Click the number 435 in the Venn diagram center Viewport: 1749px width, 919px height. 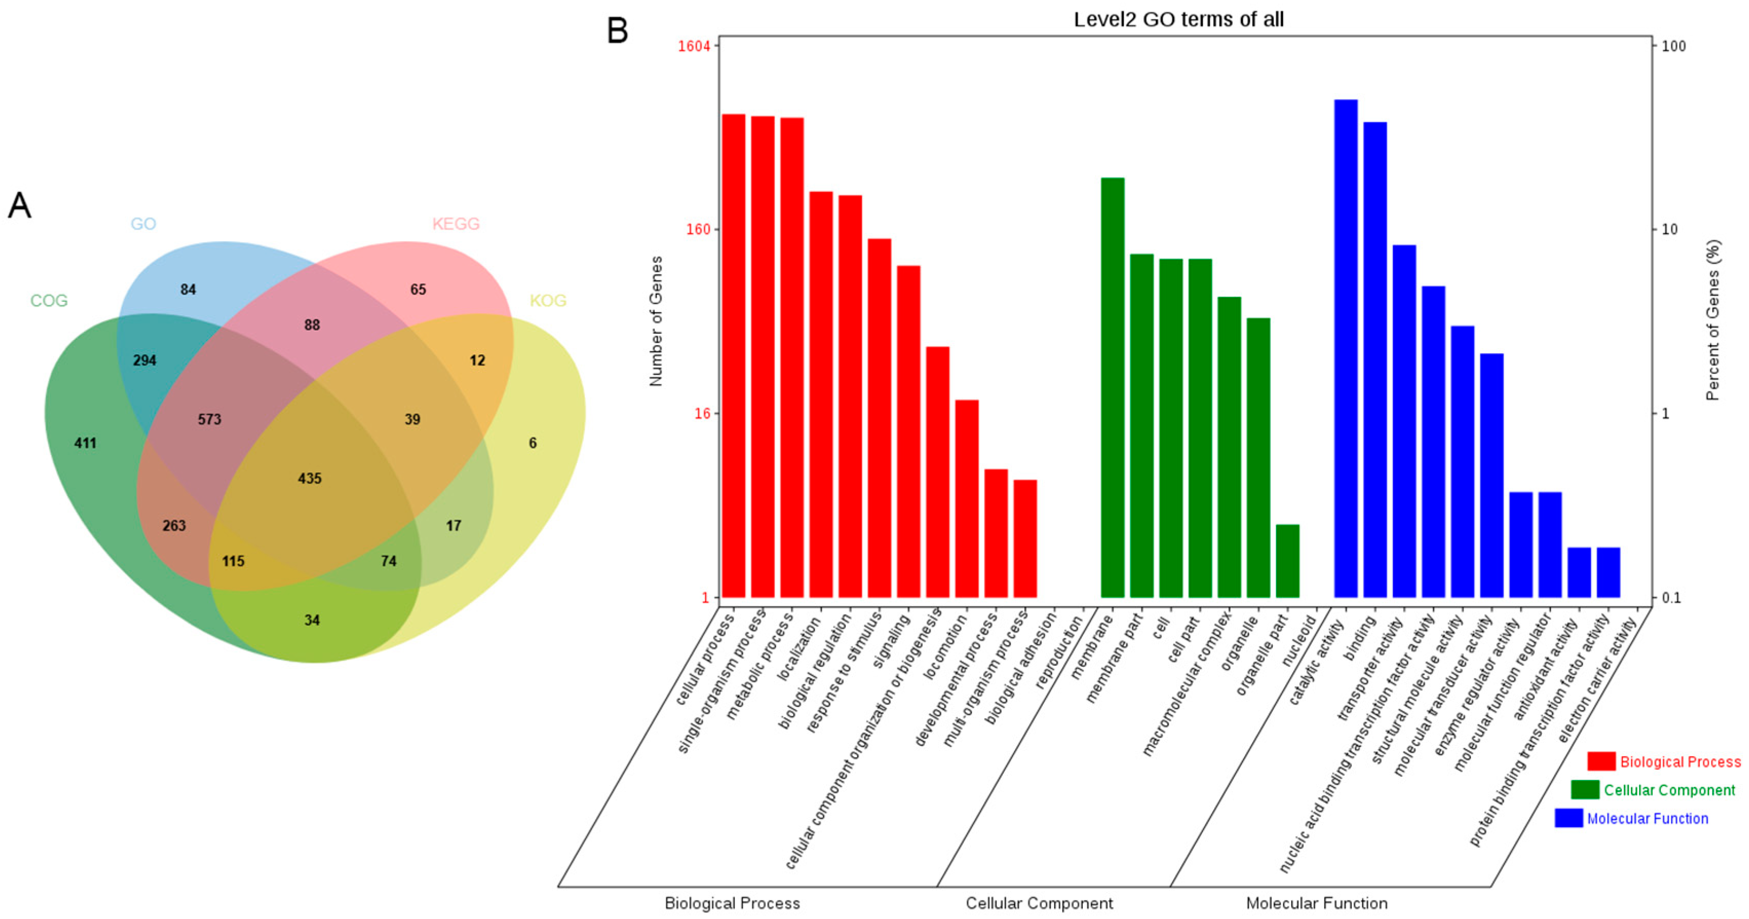[x=309, y=478]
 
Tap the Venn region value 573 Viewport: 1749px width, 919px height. [x=209, y=419]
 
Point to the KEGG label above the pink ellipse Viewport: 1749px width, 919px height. [x=456, y=223]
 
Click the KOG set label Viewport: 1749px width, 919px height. [x=548, y=300]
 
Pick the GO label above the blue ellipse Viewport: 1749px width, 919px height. [x=143, y=223]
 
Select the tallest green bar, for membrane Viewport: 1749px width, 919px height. [x=1112, y=387]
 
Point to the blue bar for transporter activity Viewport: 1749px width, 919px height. [x=1404, y=420]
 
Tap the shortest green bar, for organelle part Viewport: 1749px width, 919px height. [x=1287, y=560]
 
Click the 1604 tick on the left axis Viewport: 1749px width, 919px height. [x=694, y=46]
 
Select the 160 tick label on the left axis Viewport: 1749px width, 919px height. [x=698, y=229]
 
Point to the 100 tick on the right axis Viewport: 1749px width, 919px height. [x=1674, y=46]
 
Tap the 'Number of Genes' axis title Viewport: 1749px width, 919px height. [x=655, y=321]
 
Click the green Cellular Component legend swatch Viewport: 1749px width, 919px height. [x=1585, y=789]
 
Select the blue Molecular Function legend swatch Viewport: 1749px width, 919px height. [x=1568, y=818]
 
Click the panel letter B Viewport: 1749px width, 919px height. [x=617, y=31]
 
